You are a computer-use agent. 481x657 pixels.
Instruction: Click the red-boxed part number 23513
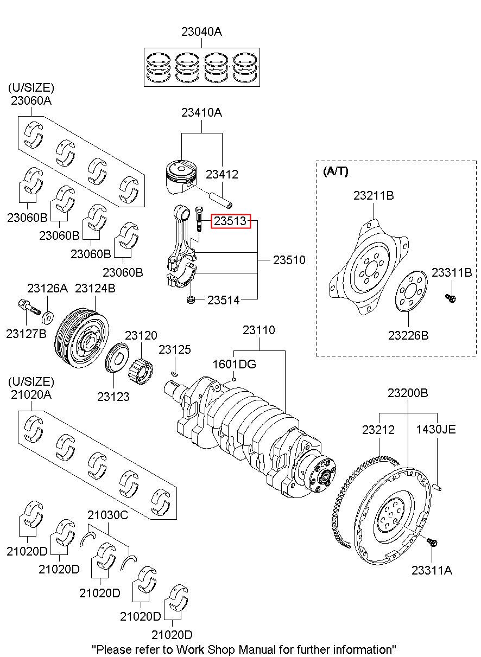(x=231, y=221)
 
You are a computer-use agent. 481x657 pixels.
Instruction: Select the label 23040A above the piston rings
(x=201, y=32)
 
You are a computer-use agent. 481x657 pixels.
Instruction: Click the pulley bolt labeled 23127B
(x=28, y=307)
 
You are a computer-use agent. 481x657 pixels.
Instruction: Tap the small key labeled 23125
(x=174, y=373)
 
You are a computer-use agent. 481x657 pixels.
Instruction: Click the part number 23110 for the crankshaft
(x=258, y=330)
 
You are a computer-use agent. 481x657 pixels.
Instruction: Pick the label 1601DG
(x=234, y=363)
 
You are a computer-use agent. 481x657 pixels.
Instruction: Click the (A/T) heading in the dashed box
(x=336, y=172)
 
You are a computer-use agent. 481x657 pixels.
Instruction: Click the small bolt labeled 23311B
(x=451, y=297)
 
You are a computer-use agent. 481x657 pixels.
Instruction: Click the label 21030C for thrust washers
(x=108, y=515)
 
